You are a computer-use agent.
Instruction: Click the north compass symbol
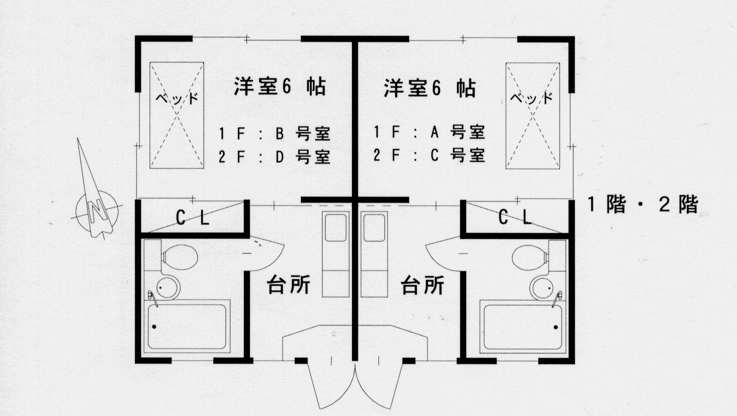pos(97,207)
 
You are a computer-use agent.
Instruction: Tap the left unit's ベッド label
pos(176,98)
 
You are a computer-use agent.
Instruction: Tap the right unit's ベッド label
pos(531,98)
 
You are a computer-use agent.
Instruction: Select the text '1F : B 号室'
pos(274,133)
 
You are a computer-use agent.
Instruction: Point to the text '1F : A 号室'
pos(429,132)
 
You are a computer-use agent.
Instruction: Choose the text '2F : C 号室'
pos(429,155)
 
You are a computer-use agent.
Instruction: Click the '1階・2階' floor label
pos(642,204)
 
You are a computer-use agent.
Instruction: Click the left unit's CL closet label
pos(192,217)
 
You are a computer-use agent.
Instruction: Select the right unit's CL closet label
pos(515,217)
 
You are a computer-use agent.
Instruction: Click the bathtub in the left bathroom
pos(186,327)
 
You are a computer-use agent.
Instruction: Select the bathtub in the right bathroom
pos(523,327)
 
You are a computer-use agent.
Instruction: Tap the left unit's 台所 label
pos(288,285)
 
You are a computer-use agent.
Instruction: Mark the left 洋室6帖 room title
pos(279,87)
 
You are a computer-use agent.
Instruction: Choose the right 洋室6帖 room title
pos(429,88)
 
